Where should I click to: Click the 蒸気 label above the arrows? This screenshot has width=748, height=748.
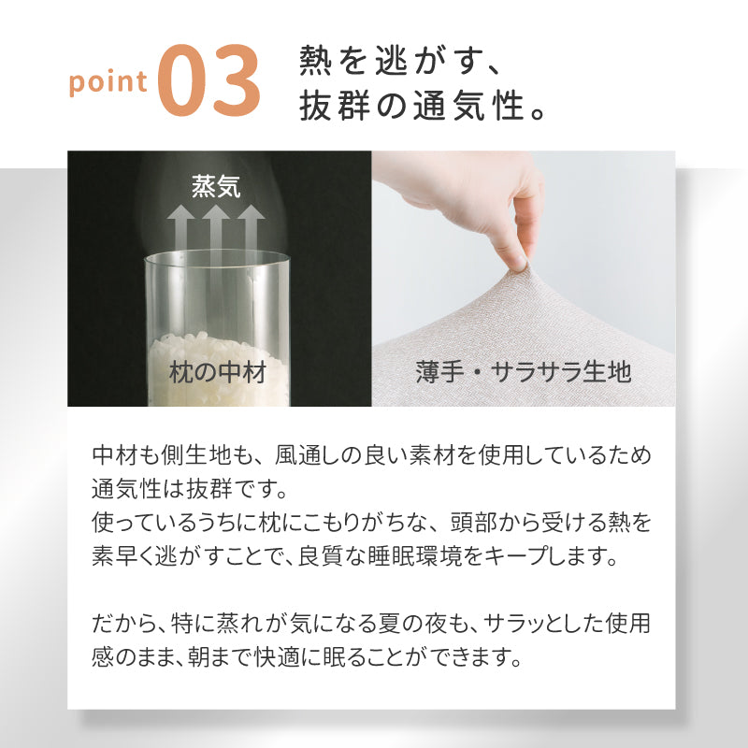216,186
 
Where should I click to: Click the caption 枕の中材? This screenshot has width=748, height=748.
218,374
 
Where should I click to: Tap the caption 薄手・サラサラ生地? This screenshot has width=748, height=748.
524,374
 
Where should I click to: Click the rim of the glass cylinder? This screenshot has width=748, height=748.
216,257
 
